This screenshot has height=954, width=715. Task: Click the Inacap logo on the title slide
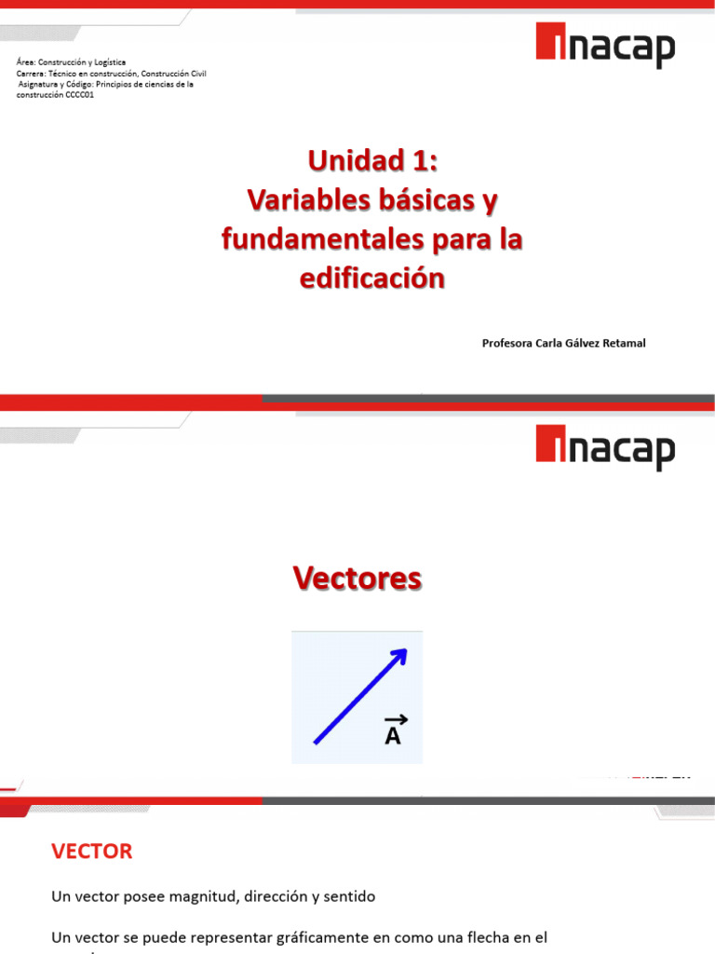tap(605, 47)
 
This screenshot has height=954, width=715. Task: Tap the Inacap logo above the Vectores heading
tap(605, 448)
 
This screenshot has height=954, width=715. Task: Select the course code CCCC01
tap(79, 95)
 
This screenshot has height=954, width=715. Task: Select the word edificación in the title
tap(372, 278)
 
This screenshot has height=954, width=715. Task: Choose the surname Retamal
tap(627, 343)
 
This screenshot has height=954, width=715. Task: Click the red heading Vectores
tap(357, 579)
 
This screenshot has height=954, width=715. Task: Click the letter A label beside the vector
tap(393, 736)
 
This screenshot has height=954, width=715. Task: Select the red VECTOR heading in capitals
tap(92, 851)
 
